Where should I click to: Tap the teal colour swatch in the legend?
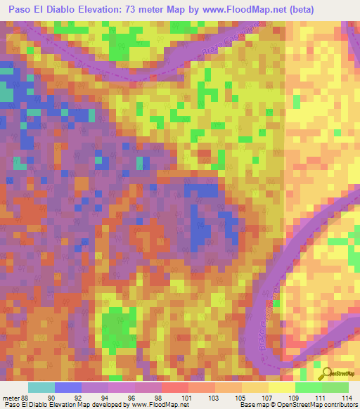tap(41, 387)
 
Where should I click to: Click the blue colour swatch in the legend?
tap(68, 387)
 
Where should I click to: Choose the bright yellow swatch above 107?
tap(281, 387)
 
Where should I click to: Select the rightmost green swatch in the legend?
tap(335, 387)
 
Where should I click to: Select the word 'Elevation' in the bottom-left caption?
tap(70, 405)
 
